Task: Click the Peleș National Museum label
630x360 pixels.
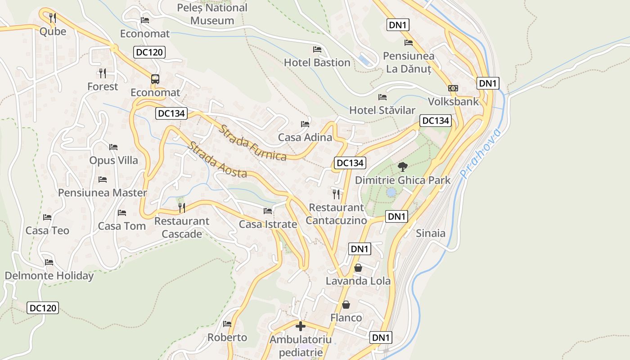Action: [212, 14]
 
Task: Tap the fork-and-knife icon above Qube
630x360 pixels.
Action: [53, 18]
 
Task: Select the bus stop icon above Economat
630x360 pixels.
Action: [155, 79]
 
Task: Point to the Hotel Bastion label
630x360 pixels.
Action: [317, 63]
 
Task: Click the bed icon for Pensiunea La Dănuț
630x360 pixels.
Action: [409, 43]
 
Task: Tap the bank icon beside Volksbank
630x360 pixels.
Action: [453, 88]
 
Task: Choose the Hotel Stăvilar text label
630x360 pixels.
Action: [382, 110]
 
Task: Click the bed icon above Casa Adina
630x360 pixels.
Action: [305, 124]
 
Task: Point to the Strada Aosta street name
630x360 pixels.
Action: [217, 160]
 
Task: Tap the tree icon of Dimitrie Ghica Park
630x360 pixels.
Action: [403, 167]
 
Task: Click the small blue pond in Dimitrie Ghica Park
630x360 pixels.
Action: [391, 192]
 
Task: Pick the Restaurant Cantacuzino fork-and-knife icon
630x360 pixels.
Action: [336, 194]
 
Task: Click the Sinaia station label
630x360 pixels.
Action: [430, 233]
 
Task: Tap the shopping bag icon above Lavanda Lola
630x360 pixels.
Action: [358, 268]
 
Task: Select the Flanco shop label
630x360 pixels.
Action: [346, 318]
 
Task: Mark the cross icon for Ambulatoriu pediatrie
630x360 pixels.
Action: [301, 326]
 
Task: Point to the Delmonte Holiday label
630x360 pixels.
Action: [49, 276]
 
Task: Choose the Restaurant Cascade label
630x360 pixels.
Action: [182, 228]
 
